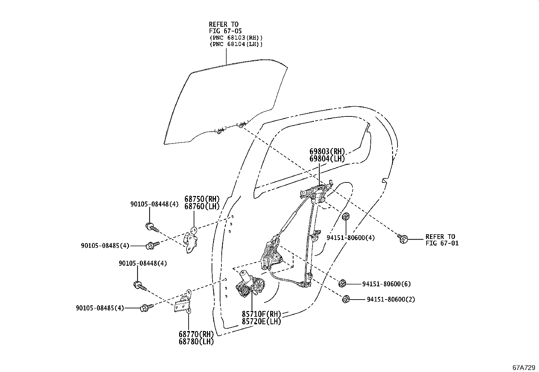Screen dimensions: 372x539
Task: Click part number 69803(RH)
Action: (x=327, y=152)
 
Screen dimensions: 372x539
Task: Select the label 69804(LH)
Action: (x=327, y=159)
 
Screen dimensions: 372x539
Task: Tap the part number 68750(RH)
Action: (x=202, y=199)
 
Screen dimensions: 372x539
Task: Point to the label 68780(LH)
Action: (x=196, y=342)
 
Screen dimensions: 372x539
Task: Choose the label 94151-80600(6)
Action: (x=386, y=284)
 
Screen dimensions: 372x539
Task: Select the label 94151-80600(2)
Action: (x=391, y=299)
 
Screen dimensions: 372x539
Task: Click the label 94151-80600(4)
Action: (x=350, y=238)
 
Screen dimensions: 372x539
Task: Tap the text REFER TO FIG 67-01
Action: (x=442, y=240)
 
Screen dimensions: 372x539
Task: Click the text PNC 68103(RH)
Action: (x=236, y=38)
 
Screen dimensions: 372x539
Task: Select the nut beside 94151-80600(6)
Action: (x=342, y=283)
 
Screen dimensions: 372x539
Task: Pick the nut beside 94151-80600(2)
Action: (x=346, y=299)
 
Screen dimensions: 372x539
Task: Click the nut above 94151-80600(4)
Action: (x=346, y=217)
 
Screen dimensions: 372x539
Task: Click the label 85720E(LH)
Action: (x=261, y=322)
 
